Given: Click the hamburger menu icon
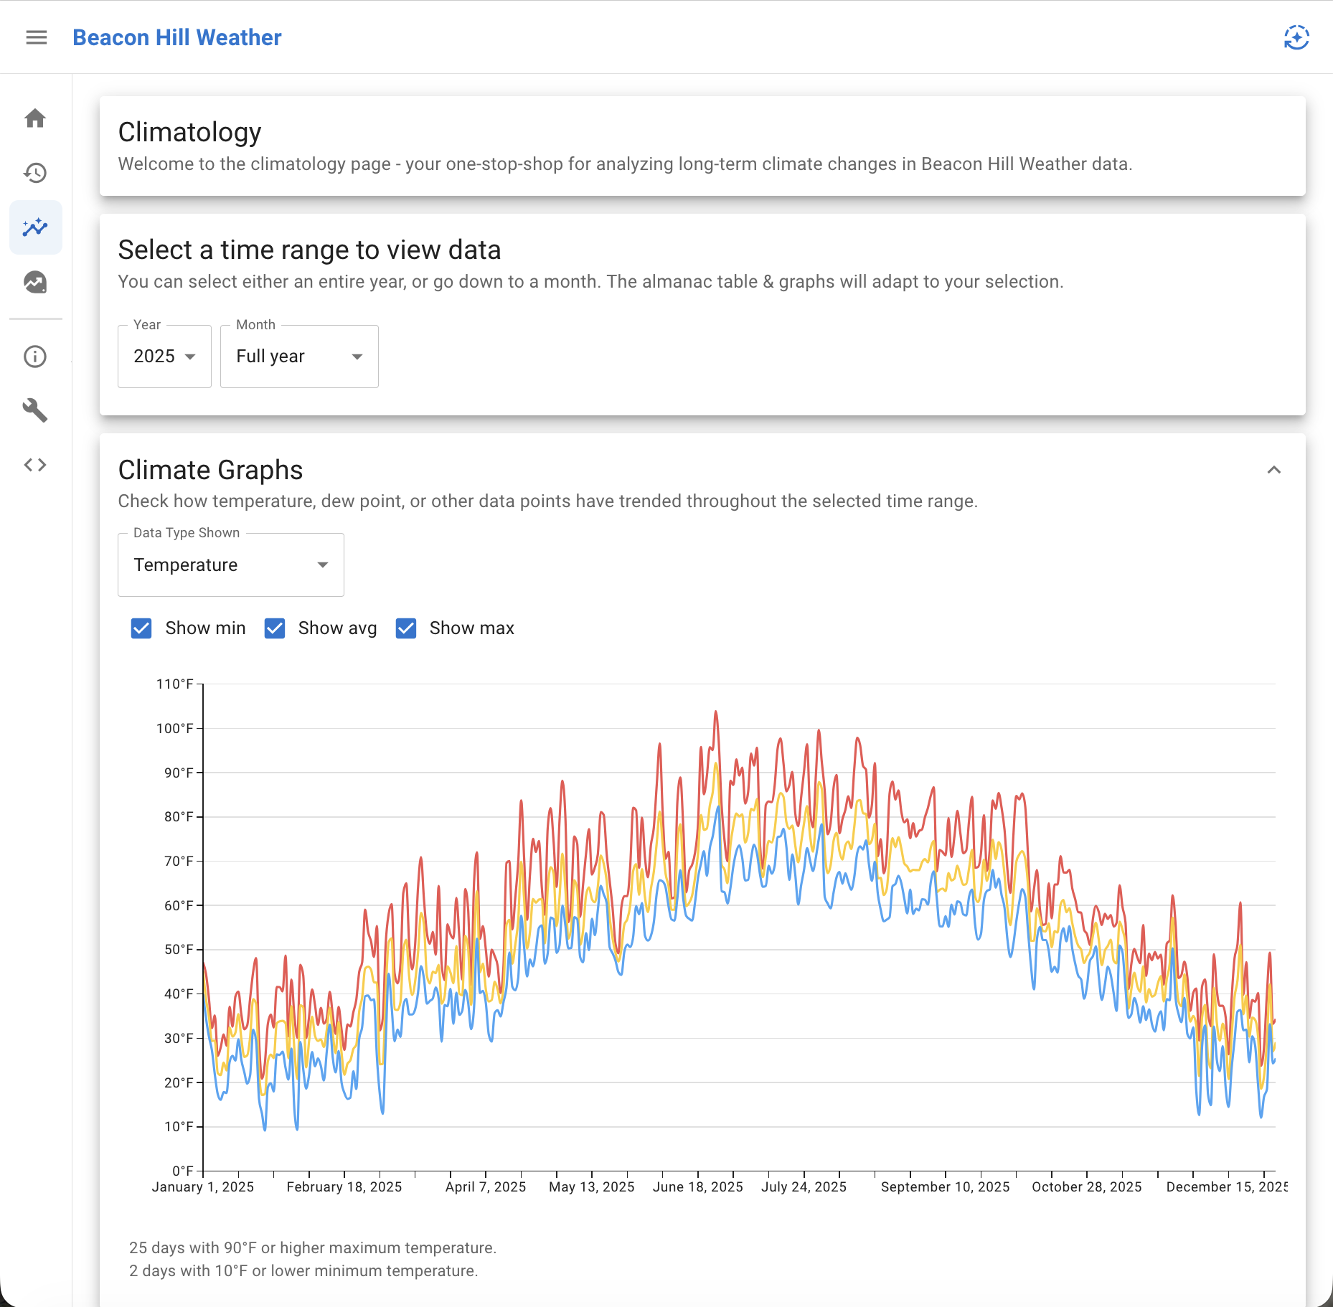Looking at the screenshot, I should pos(37,37).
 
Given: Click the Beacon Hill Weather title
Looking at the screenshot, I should pos(177,37).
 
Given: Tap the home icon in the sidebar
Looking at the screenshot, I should pos(35,118).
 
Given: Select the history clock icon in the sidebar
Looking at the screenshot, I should pos(35,173).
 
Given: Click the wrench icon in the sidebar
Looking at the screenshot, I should pos(35,410).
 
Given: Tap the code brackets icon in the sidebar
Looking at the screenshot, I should pos(35,465).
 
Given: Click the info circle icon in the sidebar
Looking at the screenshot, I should pos(35,357).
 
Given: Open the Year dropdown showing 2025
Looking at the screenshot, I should pos(164,357).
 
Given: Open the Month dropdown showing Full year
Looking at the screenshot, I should pos(299,357).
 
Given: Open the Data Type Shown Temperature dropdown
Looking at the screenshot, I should pos(230,565).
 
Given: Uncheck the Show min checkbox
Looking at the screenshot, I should pos(141,628).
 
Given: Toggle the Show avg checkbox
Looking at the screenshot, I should pos(275,628).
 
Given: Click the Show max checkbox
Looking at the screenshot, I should pos(406,628).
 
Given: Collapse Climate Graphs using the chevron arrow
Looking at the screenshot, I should pos(1273,470).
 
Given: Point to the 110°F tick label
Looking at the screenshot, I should pos(175,684).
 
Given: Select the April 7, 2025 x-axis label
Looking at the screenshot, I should pos(486,1187).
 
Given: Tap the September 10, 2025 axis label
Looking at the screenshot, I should pos(945,1187).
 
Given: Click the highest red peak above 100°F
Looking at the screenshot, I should pos(715,712).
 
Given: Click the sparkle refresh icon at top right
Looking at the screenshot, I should pos(1296,37).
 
